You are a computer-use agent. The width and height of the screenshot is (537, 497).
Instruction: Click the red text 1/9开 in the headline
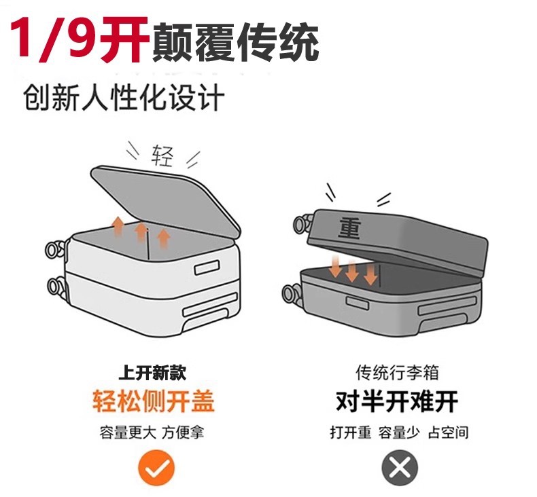pos(80,40)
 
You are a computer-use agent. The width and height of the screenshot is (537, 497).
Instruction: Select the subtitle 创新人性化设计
pos(124,97)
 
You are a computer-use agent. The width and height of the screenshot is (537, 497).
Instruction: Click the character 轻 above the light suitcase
pos(162,155)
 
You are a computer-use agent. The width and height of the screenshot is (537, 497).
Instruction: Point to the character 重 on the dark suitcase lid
pos(349,228)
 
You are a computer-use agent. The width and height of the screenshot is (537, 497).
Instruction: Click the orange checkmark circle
pos(156,468)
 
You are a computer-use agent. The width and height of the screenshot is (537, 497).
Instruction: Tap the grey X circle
pos(400,468)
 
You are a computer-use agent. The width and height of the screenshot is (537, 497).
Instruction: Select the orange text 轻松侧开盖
pos(154,401)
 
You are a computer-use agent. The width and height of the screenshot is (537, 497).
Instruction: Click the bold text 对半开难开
pos(397,401)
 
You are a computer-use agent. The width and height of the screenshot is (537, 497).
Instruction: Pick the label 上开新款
pos(152,372)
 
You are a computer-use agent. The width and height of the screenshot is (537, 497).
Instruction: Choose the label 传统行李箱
pos(397,372)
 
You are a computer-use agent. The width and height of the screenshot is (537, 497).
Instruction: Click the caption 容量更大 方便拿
pos(152,432)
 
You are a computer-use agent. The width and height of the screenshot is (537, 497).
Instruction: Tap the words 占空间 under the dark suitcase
pos(449,432)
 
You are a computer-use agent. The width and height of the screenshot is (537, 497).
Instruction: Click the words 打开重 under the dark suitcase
pos(350,432)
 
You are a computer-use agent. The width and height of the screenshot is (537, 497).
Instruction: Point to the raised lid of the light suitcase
pos(164,200)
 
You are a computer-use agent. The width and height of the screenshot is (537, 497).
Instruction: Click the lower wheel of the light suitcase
pos(56,287)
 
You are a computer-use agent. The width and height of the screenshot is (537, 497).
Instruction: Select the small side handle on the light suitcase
pos(207,268)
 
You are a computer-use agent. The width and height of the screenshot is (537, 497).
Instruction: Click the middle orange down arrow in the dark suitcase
pos(351,270)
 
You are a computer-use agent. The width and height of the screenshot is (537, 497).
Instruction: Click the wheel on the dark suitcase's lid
pos(302,224)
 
